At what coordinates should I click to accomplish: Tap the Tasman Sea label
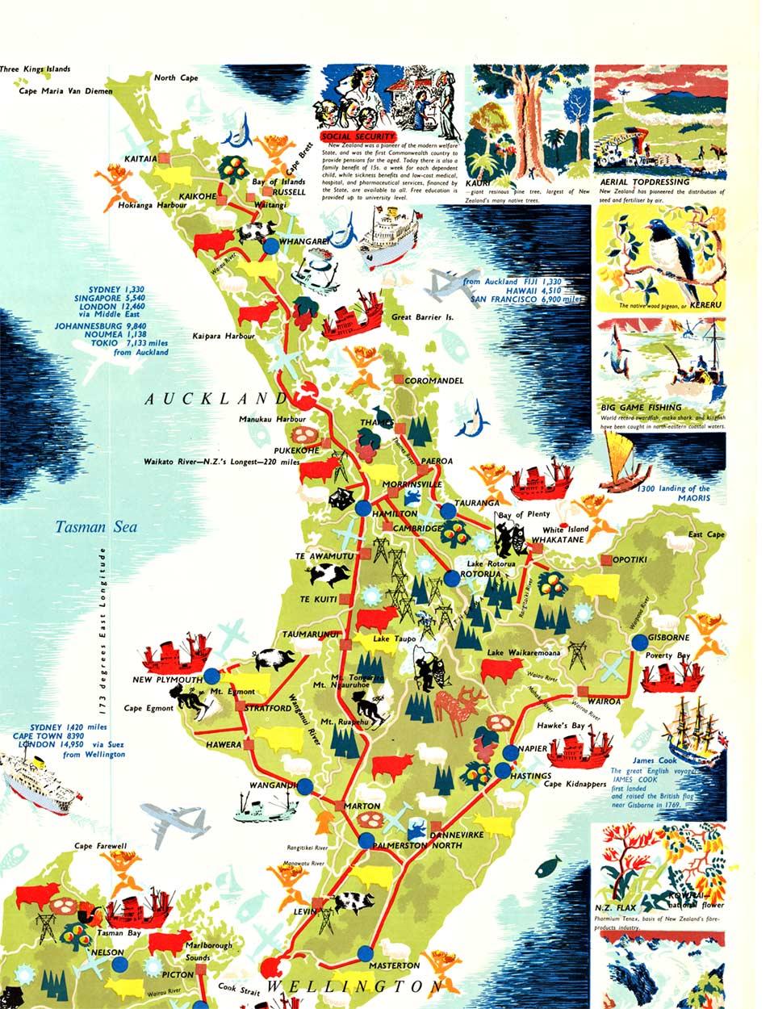coord(96,528)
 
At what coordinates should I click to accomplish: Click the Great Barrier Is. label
coord(422,317)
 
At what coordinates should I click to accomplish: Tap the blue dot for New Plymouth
coord(211,676)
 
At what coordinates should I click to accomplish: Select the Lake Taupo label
coord(394,639)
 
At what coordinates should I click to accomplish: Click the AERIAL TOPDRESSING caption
coord(644,182)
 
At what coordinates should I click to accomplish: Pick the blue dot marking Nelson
coord(119,964)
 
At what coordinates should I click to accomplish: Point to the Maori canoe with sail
coord(624,464)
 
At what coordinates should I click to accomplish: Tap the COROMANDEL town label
coord(434,380)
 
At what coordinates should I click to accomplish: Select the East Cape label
coord(706,535)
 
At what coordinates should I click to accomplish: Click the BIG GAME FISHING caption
coord(641,408)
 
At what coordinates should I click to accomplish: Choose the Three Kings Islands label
coord(36,70)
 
